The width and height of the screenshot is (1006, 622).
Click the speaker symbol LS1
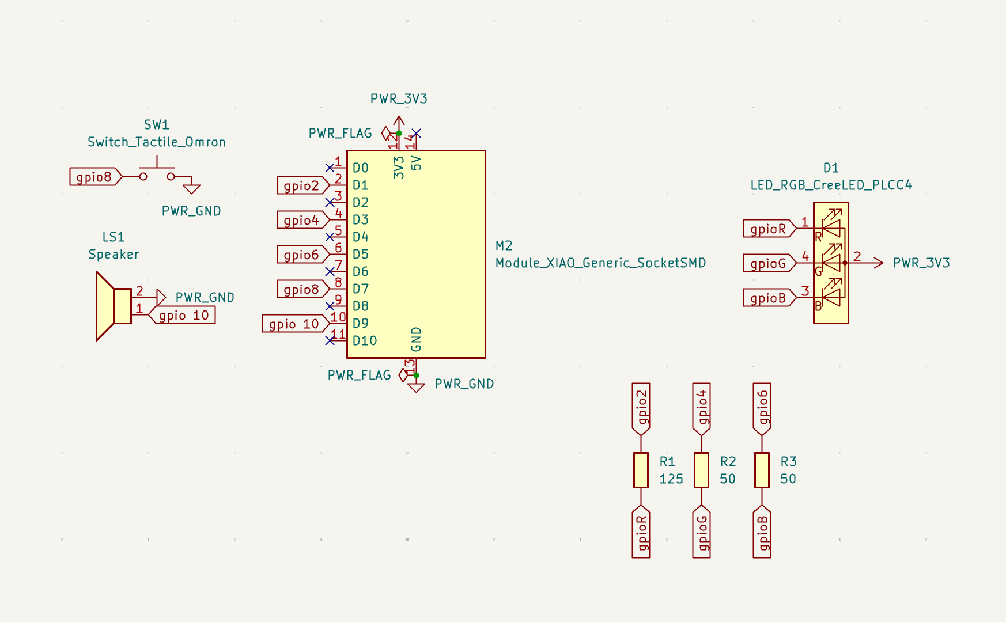point(114,306)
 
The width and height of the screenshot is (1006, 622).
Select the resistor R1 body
point(641,470)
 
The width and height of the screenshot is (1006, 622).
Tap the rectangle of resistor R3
point(762,470)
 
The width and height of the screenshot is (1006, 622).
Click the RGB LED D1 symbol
point(830,263)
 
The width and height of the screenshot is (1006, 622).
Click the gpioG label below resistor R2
point(702,532)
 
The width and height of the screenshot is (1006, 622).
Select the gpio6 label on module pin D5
point(301,255)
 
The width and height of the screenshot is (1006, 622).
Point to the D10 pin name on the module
point(365,341)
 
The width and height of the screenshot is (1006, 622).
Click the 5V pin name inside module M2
point(416,164)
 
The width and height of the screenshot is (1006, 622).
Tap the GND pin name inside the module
point(416,339)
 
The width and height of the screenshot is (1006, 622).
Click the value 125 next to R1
point(671,479)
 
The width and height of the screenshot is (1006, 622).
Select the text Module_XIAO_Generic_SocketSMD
point(600,263)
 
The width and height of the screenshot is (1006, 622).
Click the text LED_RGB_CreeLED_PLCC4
point(831,185)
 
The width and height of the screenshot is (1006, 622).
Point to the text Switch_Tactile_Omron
point(157,142)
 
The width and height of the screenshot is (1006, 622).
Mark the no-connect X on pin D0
point(330,168)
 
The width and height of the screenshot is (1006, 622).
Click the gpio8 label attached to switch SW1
point(94,177)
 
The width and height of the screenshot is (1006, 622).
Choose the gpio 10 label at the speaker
point(183,316)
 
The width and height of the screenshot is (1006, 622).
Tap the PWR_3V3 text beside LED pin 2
point(921,263)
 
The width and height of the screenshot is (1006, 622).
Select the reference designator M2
point(504,246)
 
